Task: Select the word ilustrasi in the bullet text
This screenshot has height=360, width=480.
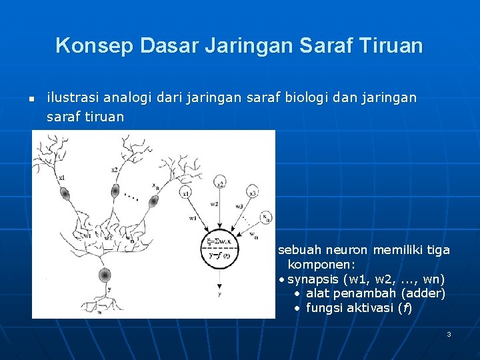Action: pyautogui.click(x=71, y=98)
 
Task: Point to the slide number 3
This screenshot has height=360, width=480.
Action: pyautogui.click(x=449, y=333)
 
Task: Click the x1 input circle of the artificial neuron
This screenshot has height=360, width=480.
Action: pyautogui.click(x=187, y=193)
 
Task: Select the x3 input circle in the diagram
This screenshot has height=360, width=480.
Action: pyautogui.click(x=253, y=193)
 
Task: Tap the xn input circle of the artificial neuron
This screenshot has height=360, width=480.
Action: pyautogui.click(x=265, y=217)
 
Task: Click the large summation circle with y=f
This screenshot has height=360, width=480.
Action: pyautogui.click(x=219, y=248)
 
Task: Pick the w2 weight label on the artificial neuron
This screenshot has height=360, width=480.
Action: pyautogui.click(x=213, y=203)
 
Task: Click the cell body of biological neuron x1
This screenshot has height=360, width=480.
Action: pyautogui.click(x=65, y=193)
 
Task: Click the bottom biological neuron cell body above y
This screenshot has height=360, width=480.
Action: pyautogui.click(x=105, y=275)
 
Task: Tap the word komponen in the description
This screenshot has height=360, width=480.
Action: pyautogui.click(x=323, y=264)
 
